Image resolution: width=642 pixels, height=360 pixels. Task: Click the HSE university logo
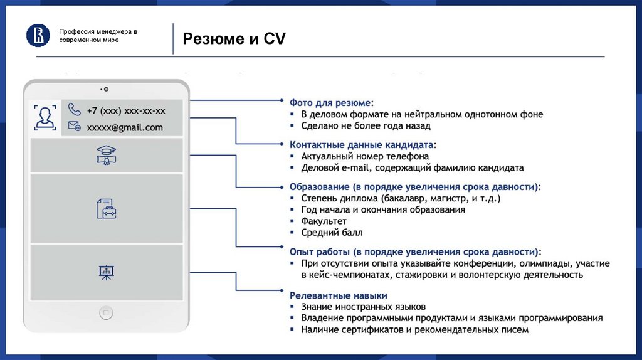pos(38,35)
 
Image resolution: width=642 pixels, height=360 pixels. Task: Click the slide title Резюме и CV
pos(234,39)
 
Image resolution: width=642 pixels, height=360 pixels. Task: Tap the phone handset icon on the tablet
pos(75,110)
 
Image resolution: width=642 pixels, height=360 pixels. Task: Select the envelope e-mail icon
pos(75,126)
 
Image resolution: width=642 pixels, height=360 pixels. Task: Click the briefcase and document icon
pos(106,208)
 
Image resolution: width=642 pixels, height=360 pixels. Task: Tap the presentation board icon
pos(106,272)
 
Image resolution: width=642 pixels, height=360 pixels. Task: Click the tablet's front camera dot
pos(106,89)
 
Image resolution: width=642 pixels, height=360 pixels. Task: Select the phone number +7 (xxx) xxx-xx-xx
pos(126,110)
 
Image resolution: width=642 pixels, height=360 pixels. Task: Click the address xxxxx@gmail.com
pos(124,127)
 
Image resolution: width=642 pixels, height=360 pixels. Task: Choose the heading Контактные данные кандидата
pos(362,144)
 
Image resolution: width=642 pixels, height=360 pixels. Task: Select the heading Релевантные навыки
pos(338,295)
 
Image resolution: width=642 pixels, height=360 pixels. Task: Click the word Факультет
pos(324,221)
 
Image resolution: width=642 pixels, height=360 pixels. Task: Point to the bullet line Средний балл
pos(332,233)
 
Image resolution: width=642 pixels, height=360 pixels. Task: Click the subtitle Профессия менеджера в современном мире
pos(98,35)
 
